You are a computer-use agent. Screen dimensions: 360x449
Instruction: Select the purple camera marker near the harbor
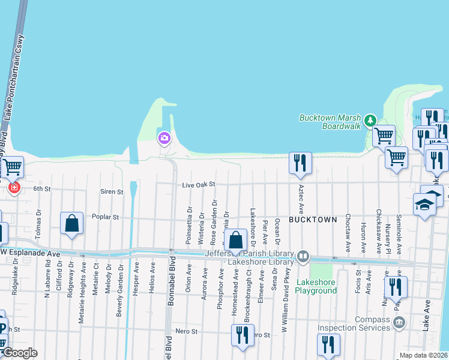coord(164,139)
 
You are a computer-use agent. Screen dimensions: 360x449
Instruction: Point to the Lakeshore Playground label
coord(316,286)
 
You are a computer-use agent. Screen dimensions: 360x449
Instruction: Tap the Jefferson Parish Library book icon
coord(304,257)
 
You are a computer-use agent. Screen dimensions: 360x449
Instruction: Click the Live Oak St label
coord(199,186)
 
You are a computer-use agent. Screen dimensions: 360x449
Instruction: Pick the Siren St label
coord(111,192)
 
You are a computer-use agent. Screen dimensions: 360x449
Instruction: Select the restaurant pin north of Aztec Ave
coord(300,163)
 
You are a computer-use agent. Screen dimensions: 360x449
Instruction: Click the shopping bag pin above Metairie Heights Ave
coord(71,223)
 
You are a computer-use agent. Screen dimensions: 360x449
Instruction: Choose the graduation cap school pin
coord(424,205)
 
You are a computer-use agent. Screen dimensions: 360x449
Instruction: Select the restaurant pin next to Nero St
coord(241,334)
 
